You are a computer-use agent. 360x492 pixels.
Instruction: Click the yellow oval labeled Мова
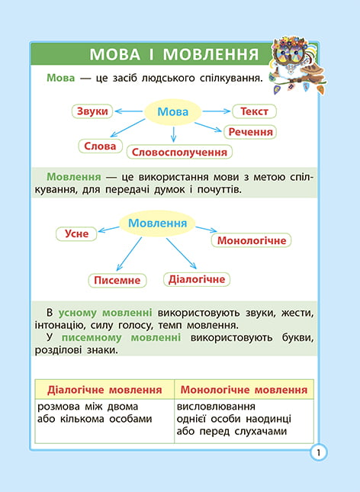click(172, 112)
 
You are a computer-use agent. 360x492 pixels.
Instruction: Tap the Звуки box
click(92, 111)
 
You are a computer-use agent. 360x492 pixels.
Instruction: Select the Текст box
click(254, 111)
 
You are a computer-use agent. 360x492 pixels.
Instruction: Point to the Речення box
click(250, 132)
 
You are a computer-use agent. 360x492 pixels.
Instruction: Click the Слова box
click(100, 146)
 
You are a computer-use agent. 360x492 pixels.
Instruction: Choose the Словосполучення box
click(179, 153)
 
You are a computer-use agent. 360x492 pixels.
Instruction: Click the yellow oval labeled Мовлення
click(157, 223)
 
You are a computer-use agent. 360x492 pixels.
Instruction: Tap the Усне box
click(76, 233)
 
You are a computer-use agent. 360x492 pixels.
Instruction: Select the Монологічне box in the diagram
click(252, 241)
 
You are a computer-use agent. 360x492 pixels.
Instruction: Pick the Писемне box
click(117, 280)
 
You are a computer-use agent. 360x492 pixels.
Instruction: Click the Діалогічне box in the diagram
click(197, 279)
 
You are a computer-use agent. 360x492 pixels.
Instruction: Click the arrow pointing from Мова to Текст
click(217, 111)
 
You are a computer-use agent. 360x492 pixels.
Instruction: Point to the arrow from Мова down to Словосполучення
click(174, 134)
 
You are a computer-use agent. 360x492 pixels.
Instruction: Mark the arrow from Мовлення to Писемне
click(129, 254)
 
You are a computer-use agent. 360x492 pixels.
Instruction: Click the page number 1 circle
click(318, 453)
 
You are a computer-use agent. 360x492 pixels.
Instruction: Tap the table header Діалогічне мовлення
click(104, 390)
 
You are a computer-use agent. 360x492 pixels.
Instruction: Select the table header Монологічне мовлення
click(244, 390)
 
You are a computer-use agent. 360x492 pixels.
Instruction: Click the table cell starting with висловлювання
click(244, 421)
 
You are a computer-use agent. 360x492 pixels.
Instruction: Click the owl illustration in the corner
click(298, 64)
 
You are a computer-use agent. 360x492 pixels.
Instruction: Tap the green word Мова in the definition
click(60, 78)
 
